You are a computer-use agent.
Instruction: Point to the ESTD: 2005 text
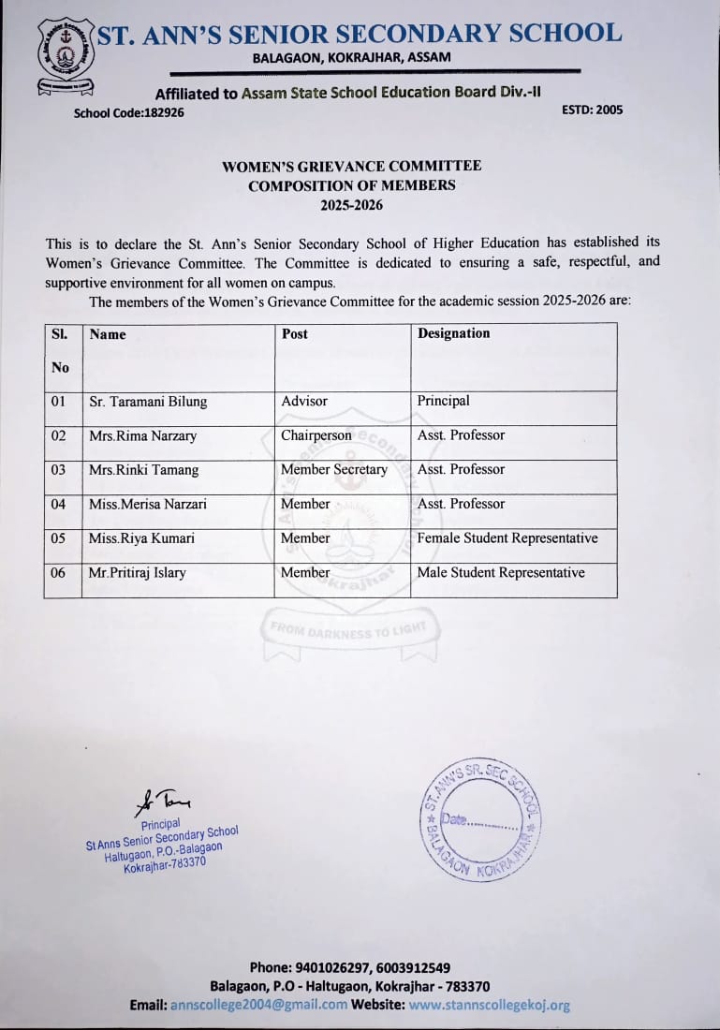click(x=592, y=110)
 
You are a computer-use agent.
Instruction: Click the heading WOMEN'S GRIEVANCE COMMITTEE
click(x=351, y=166)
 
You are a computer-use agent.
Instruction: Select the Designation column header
click(x=453, y=333)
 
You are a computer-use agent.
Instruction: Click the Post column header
click(x=294, y=333)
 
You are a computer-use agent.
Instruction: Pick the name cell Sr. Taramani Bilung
click(x=148, y=402)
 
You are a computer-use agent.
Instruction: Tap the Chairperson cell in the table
click(x=316, y=435)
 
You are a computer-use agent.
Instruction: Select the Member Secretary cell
click(x=333, y=470)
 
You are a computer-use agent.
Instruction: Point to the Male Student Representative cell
click(x=501, y=573)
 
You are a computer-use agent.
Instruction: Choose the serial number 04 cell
click(x=59, y=504)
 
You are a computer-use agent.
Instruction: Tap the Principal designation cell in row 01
click(x=444, y=401)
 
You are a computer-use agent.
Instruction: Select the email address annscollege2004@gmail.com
click(x=258, y=1005)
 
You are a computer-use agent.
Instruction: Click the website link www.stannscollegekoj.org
click(x=489, y=1005)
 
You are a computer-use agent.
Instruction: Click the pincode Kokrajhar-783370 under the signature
click(x=165, y=864)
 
